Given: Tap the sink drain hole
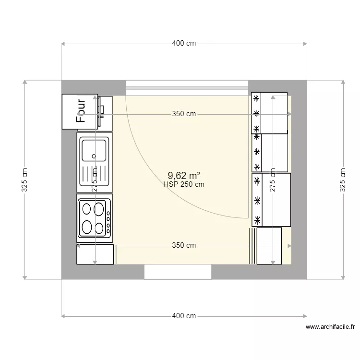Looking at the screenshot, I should point(94,156).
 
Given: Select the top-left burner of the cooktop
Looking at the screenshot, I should point(87,209).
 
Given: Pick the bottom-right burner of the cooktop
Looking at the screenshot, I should point(99,228).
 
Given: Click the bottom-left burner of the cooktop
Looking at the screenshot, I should point(87,226).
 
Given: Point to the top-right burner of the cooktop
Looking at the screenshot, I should point(99,209).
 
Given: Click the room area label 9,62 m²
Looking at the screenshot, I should point(184,176).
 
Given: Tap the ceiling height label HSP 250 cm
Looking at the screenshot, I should point(184,184).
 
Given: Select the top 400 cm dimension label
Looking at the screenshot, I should point(184,44).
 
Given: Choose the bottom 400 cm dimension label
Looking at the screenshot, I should point(184,316).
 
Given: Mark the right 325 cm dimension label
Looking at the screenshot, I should point(343,180).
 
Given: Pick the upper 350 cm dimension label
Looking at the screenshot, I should point(184,114).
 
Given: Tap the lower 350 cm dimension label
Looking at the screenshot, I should point(184,245).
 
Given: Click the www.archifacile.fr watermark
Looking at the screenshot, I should point(330,327).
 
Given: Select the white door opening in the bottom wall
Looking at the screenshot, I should point(178,272).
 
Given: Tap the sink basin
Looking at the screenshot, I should point(94,149).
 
